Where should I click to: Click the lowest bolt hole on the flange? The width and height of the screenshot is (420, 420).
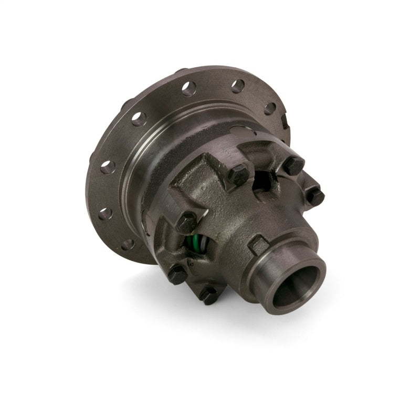point(127,245)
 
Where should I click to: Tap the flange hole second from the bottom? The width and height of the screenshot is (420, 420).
point(104,214)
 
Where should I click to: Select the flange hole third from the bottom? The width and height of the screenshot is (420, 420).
point(107,167)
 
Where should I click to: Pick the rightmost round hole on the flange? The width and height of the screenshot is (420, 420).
point(270,109)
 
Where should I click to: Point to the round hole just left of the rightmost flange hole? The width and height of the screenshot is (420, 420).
point(237,86)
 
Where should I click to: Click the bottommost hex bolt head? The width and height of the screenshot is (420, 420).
point(209,295)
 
